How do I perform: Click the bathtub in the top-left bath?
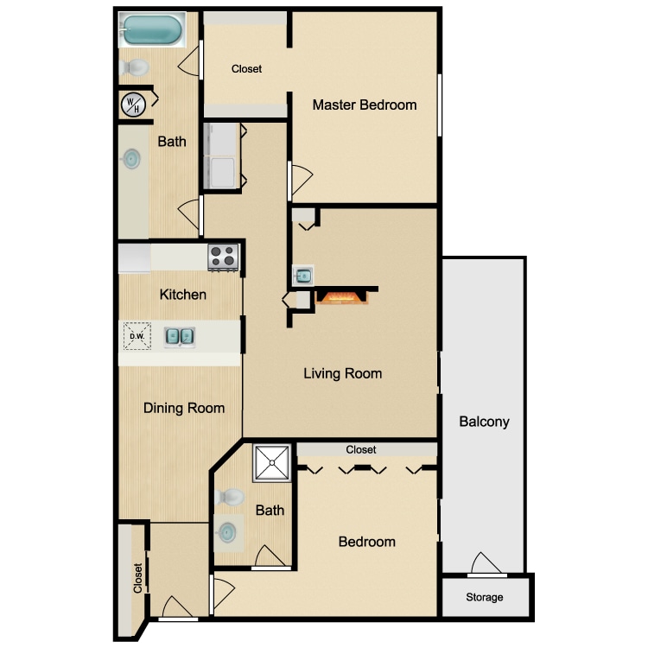(x=152, y=29)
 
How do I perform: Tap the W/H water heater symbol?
(x=133, y=105)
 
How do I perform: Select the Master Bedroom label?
(x=364, y=105)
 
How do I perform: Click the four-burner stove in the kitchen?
(x=223, y=257)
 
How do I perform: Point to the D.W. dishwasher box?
(x=137, y=336)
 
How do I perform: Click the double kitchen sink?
(x=180, y=337)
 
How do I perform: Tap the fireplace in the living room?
(x=342, y=297)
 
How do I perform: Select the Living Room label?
(x=343, y=373)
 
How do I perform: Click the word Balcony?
(x=484, y=422)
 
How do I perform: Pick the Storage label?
(x=485, y=597)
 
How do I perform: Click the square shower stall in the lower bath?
(x=272, y=463)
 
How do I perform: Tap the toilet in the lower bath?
(x=229, y=497)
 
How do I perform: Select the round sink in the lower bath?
(x=227, y=532)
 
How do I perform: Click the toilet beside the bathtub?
(x=134, y=67)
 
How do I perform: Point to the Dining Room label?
(x=184, y=409)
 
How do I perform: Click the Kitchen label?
(x=182, y=295)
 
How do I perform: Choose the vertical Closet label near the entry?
(x=137, y=578)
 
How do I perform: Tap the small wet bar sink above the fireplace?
(x=303, y=276)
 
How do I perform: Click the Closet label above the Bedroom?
(x=361, y=449)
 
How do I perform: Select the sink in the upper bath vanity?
(x=132, y=159)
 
